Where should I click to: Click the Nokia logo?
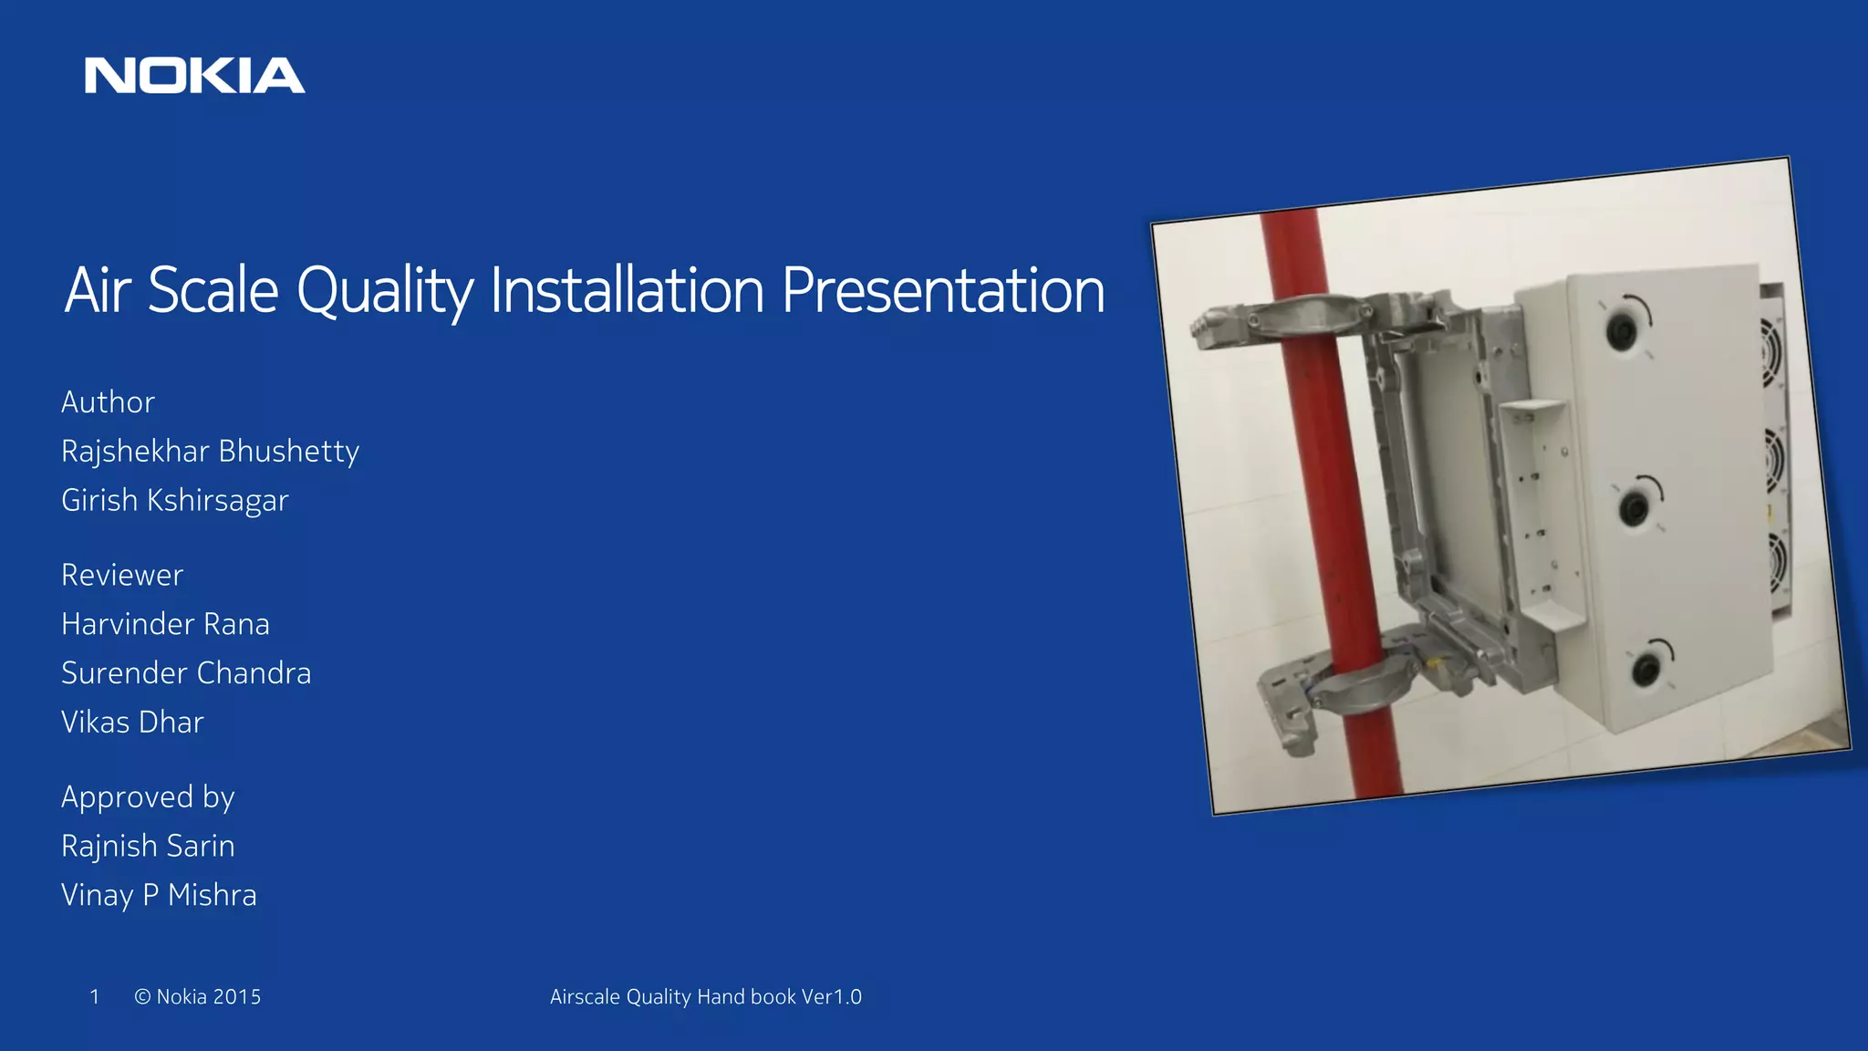[194, 76]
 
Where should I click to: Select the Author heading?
[108, 402]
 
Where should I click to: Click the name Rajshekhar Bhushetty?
[210, 452]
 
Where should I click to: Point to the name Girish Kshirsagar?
[174, 501]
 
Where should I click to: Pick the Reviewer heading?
[122, 576]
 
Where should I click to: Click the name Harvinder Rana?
[165, 625]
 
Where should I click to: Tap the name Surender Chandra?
[186, 673]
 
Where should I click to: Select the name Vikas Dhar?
[132, 723]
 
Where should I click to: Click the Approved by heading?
[148, 797]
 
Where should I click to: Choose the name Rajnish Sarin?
[148, 847]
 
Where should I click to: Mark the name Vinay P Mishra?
[159, 896]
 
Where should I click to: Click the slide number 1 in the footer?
[94, 997]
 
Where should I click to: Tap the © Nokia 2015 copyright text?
[197, 997]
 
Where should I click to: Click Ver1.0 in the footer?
[831, 997]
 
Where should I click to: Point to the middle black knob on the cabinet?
[1634, 506]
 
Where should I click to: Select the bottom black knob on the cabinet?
[1645, 670]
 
